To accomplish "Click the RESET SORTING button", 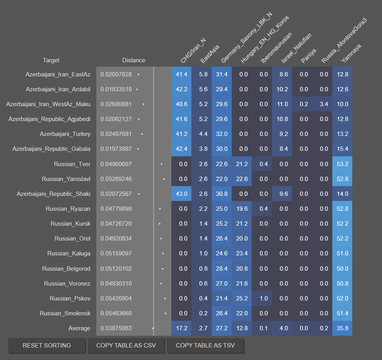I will pyautogui.click(x=47, y=346).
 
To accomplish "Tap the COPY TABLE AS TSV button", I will pyautogui.click(x=205, y=346).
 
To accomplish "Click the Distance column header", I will pyautogui.click(x=133, y=60).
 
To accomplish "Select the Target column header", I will pyautogui.click(x=51, y=60).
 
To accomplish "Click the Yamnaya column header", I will pyautogui.click(x=351, y=53).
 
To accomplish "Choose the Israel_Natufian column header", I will pyautogui.click(x=296, y=48).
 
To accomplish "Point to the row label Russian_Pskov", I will pyautogui.click(x=70, y=298).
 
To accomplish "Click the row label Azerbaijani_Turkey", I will pyautogui.click(x=65, y=134).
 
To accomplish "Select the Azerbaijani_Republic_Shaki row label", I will pyautogui.click(x=53, y=194).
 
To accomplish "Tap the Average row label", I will pyautogui.click(x=79, y=328).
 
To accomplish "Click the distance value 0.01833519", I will pyautogui.click(x=116, y=89).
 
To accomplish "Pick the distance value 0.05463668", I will pyautogui.click(x=116, y=313).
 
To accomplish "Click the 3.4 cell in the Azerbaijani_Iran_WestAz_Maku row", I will pyautogui.click(x=324, y=104).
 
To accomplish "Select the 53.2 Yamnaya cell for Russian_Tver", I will pyautogui.click(x=342, y=164).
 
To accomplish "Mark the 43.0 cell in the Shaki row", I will pyautogui.click(x=181, y=194).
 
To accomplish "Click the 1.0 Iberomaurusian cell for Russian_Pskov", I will pyautogui.click(x=263, y=298).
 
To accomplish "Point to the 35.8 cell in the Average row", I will pyautogui.click(x=342, y=328).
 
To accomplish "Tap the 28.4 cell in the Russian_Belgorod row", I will pyautogui.click(x=222, y=269).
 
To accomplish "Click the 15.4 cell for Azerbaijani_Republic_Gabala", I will pyautogui.click(x=342, y=149).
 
